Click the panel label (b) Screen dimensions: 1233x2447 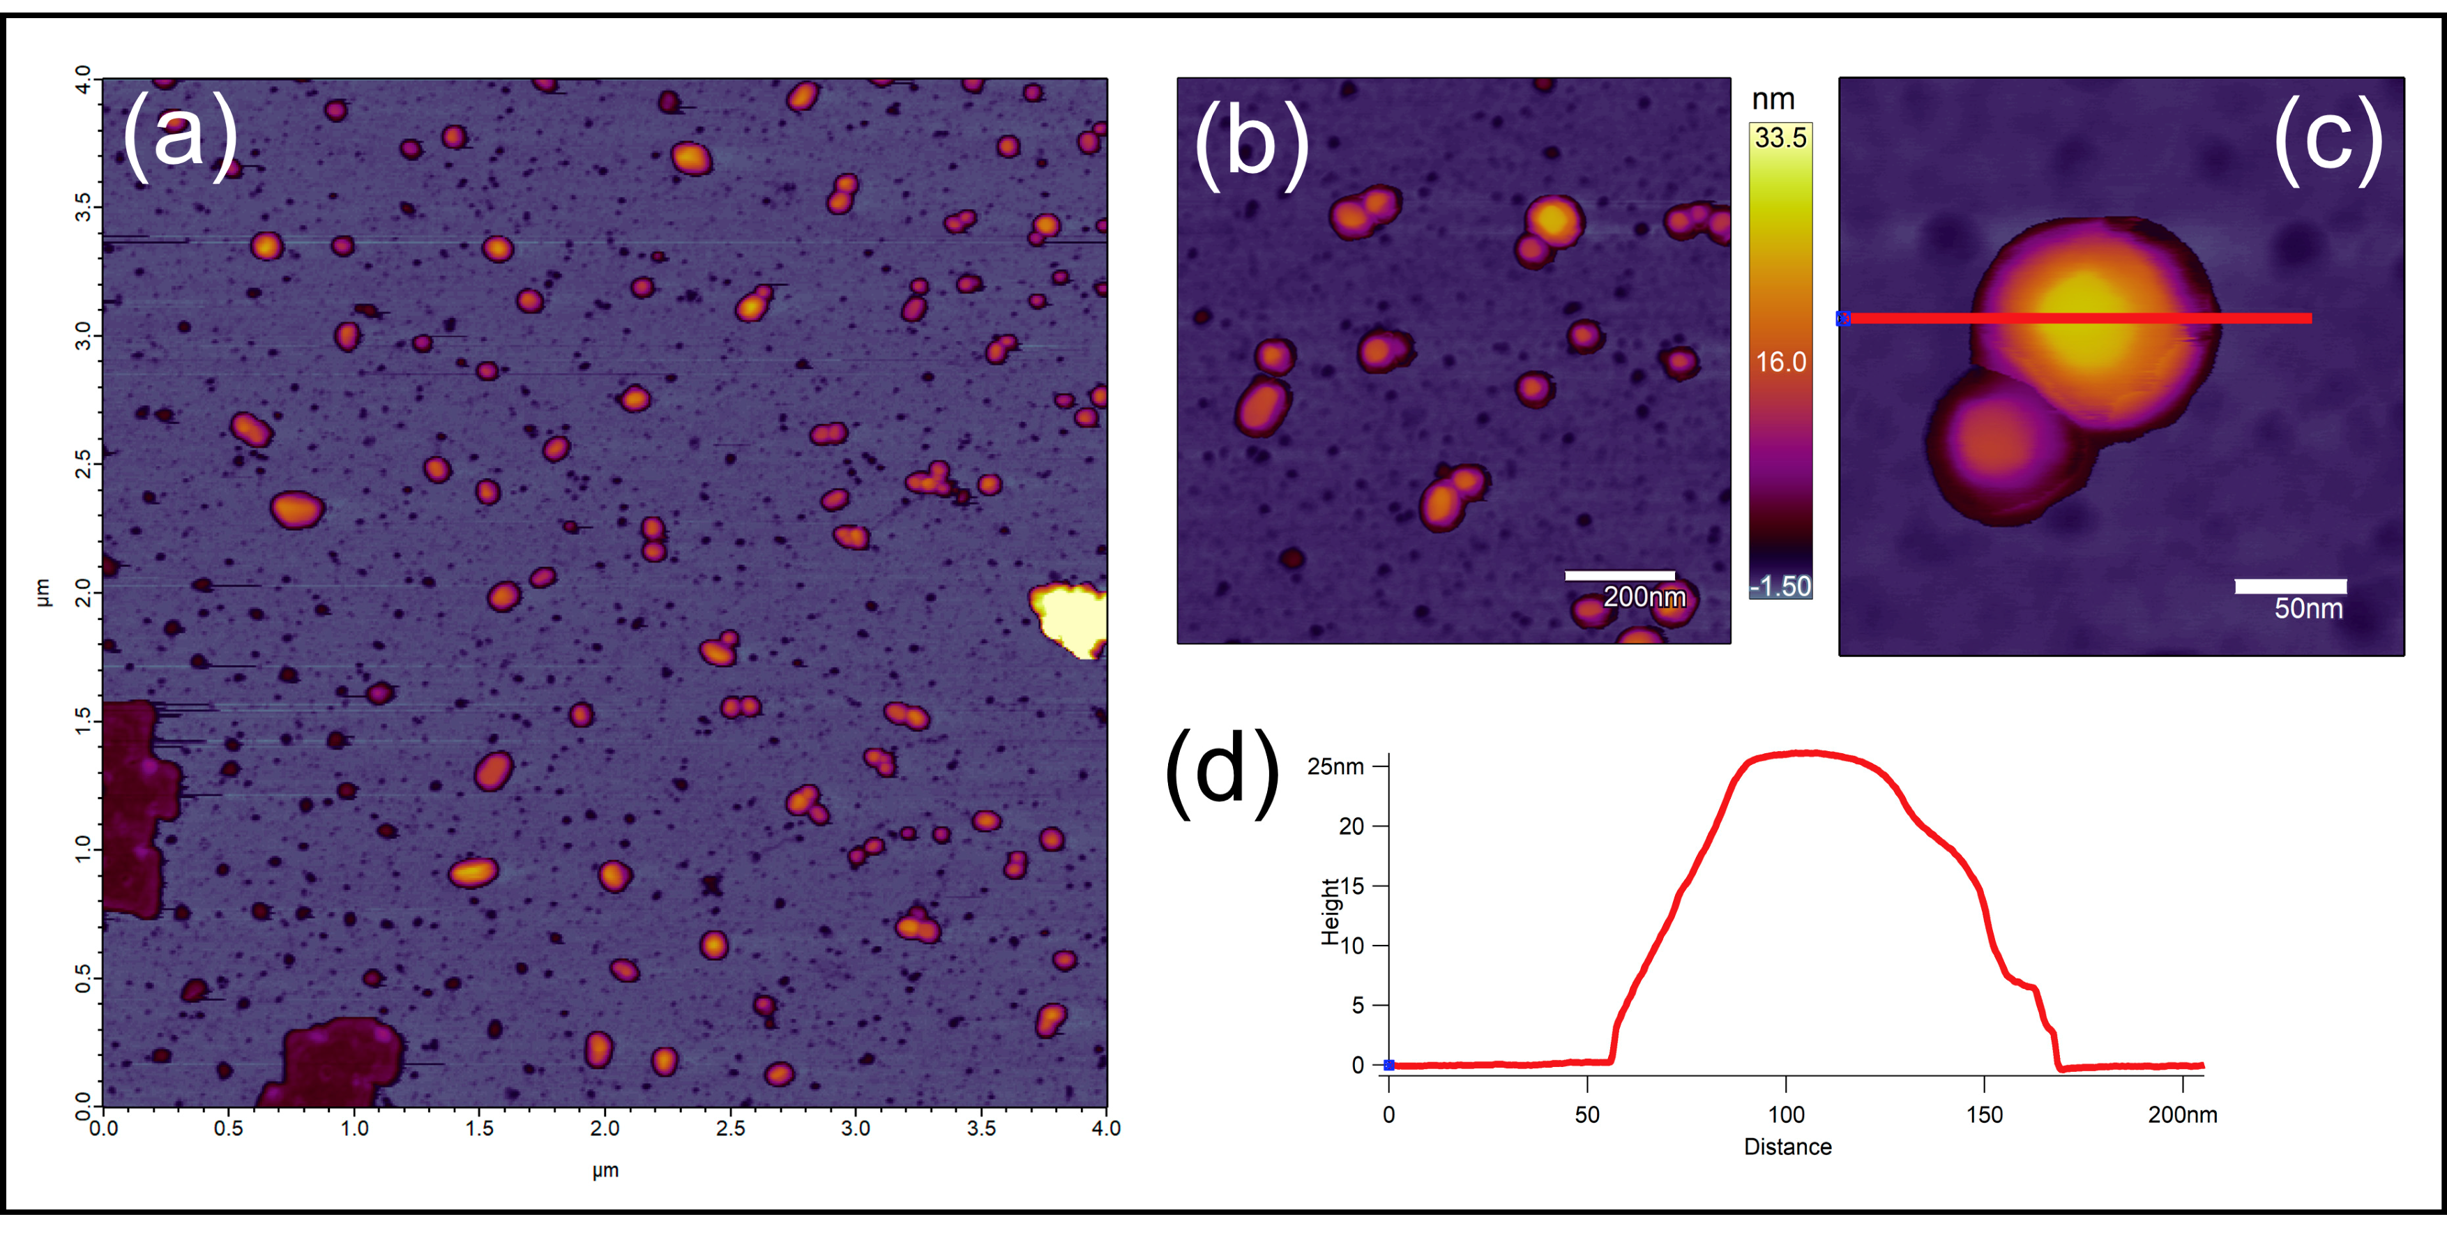[x=1251, y=142]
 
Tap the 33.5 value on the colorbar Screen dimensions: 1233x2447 [x=1780, y=139]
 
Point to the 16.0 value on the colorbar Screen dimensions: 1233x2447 [x=1780, y=362]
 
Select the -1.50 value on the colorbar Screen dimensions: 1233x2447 [x=1780, y=586]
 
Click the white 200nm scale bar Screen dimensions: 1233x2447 [x=1620, y=575]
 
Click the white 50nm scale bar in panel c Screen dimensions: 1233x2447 [x=2290, y=586]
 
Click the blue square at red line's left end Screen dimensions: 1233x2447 [x=1843, y=318]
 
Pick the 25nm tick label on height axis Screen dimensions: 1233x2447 [x=1335, y=766]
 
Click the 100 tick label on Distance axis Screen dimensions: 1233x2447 [x=1786, y=1115]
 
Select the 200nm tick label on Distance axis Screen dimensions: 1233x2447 [x=2182, y=1115]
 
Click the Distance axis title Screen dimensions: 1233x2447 [x=1787, y=1147]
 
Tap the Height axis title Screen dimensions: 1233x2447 [x=1330, y=912]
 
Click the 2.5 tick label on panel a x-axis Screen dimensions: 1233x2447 [x=729, y=1128]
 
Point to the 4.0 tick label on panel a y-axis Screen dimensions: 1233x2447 [x=84, y=79]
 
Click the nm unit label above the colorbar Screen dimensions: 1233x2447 [x=1773, y=100]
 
